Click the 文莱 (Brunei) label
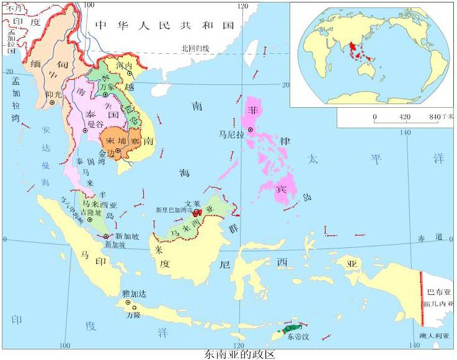click(192, 203)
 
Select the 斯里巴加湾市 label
click(174, 210)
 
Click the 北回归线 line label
click(195, 48)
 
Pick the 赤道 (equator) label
click(431, 237)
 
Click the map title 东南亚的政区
click(239, 354)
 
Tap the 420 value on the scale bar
click(406, 116)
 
